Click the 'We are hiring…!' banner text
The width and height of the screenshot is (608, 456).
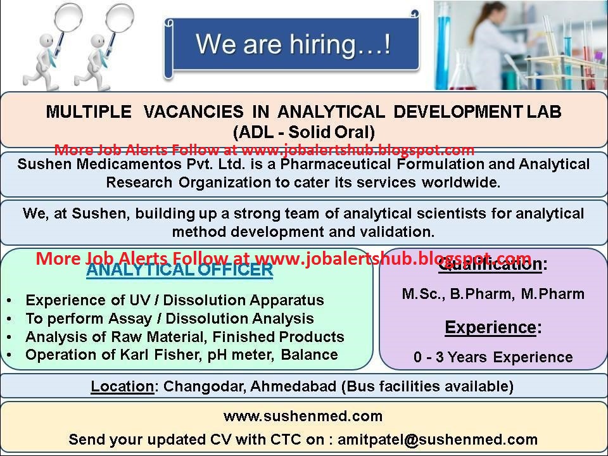click(292, 45)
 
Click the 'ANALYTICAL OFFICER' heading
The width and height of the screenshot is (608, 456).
click(180, 270)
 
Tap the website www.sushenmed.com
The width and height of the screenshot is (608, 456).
click(303, 416)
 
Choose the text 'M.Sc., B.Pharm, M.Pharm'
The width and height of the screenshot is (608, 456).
click(493, 294)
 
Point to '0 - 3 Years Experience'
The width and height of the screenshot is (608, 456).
click(493, 357)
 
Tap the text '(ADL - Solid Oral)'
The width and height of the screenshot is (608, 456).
click(304, 132)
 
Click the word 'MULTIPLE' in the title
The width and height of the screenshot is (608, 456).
click(89, 112)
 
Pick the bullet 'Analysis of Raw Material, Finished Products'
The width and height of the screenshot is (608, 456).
click(185, 336)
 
